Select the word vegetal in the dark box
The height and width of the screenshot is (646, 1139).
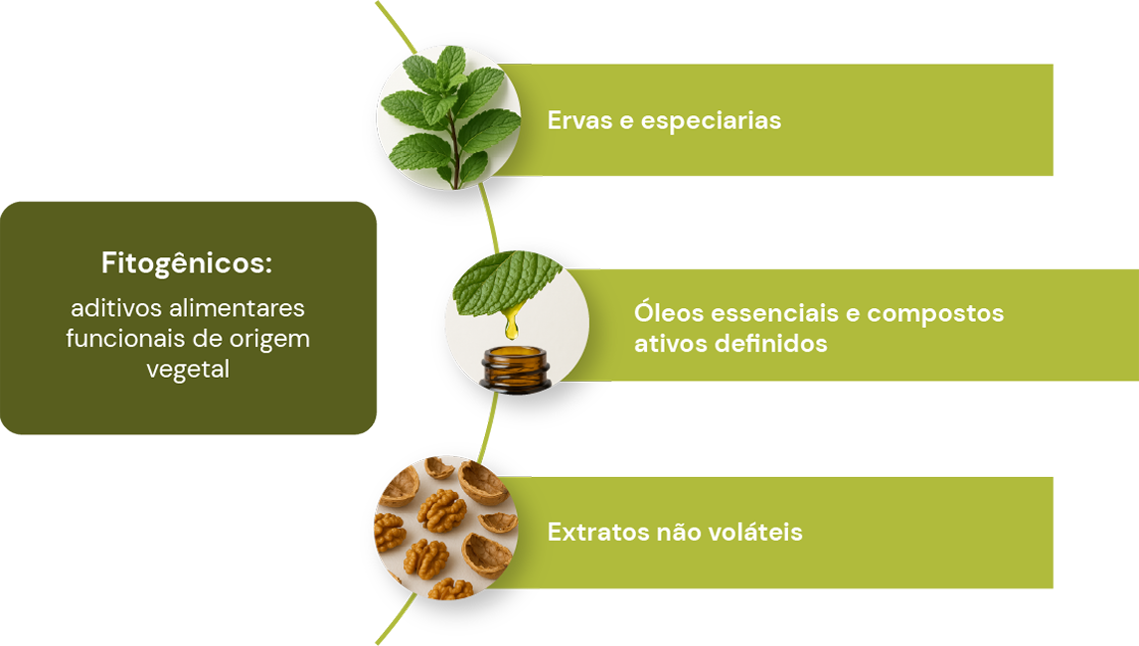(x=188, y=370)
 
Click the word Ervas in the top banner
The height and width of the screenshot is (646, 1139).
(x=579, y=120)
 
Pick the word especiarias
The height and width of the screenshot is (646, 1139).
(x=711, y=121)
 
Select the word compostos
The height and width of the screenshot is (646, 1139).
(x=935, y=314)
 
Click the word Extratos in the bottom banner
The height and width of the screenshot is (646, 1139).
(x=598, y=532)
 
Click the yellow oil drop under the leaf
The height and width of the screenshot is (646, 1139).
(x=512, y=324)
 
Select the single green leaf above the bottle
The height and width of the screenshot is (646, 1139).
(x=507, y=283)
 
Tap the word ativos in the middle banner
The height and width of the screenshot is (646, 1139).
(x=671, y=343)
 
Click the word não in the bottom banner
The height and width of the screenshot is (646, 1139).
(x=679, y=531)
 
